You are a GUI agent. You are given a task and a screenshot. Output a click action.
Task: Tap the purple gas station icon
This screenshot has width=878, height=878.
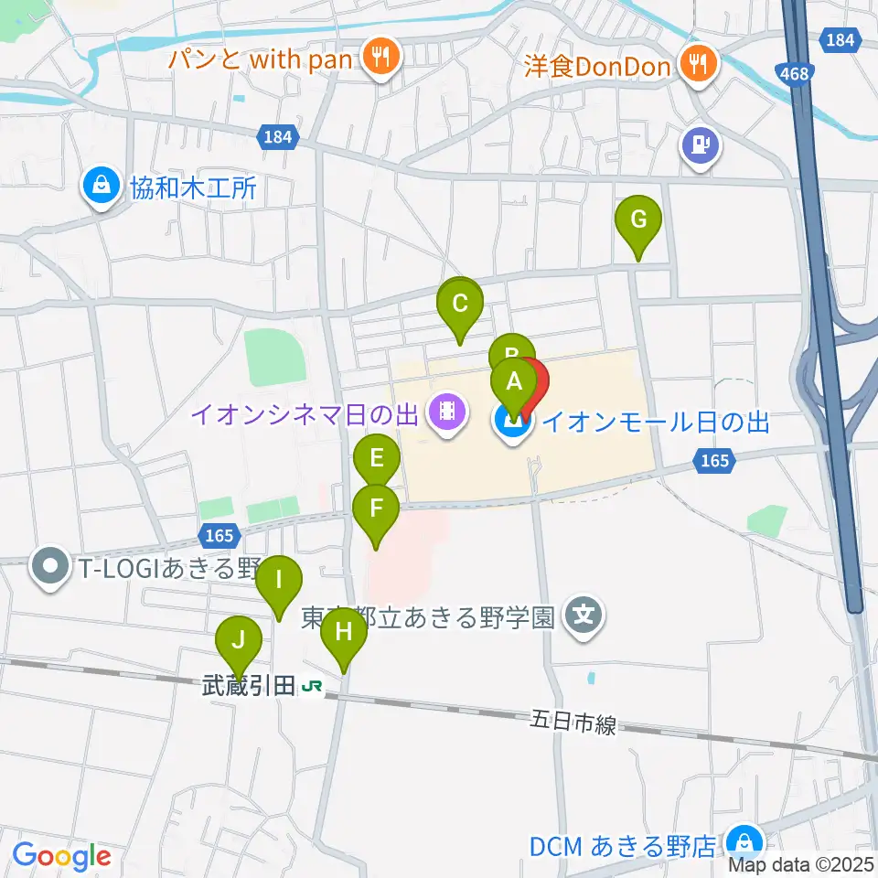pyautogui.click(x=701, y=144)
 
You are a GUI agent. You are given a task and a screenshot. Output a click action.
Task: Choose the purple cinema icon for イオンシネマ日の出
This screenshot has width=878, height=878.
pyautogui.click(x=445, y=412)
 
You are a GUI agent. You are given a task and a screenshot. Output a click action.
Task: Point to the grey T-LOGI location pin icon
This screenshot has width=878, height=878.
pyautogui.click(x=49, y=568)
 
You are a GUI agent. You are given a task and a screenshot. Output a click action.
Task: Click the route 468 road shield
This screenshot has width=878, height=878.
pyautogui.click(x=795, y=73)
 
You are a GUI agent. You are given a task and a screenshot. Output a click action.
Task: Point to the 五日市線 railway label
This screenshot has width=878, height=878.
pyautogui.click(x=574, y=723)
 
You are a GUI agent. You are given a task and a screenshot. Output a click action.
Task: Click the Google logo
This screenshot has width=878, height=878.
pyautogui.click(x=61, y=856)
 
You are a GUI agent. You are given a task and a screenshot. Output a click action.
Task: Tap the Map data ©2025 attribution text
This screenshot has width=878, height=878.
pyautogui.click(x=800, y=864)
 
